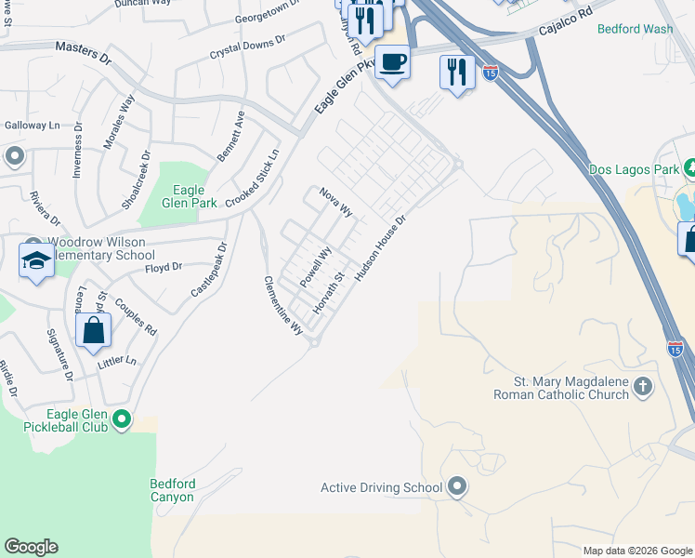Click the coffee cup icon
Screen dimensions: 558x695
pyautogui.click(x=393, y=62)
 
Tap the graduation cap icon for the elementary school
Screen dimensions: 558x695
pyautogui.click(x=36, y=260)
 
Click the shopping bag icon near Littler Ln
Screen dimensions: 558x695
pyautogui.click(x=93, y=330)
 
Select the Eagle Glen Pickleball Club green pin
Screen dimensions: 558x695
pyautogui.click(x=122, y=421)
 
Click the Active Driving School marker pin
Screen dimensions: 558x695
pyautogui.click(x=456, y=486)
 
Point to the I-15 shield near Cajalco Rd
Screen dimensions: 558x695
pyautogui.click(x=490, y=73)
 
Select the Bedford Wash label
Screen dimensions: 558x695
pyautogui.click(x=636, y=29)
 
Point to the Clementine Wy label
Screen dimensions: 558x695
pyautogui.click(x=283, y=305)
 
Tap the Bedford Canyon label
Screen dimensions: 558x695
pyautogui.click(x=173, y=490)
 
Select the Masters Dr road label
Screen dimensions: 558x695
pyautogui.click(x=83, y=52)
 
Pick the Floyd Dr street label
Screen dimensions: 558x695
pyautogui.click(x=164, y=267)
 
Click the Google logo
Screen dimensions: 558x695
pyautogui.click(x=32, y=547)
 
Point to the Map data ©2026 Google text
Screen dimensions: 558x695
pyautogui.click(x=636, y=551)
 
